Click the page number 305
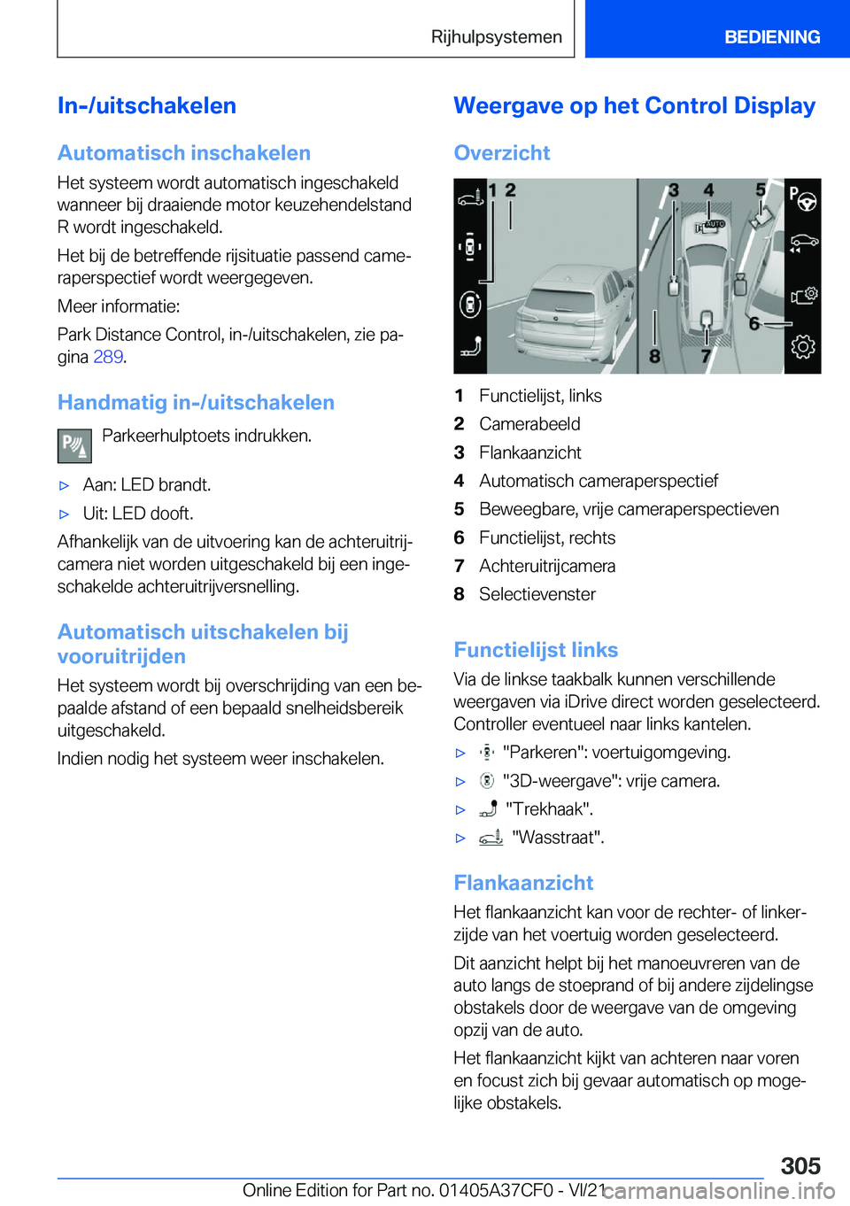pos(800,1165)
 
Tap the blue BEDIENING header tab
pos(771,37)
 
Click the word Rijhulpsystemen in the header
pos(496,37)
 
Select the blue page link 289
pos(107,357)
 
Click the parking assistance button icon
pos(74,445)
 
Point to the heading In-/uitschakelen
pos(147,106)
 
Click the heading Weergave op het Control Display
pos(634,106)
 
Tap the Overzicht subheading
pos(502,153)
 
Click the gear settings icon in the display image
pos(803,346)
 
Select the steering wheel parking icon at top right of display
pos(803,199)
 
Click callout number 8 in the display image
pos(654,356)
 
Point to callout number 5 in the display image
pos(760,190)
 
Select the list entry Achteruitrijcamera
pos(546,566)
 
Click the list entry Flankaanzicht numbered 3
pos(529,452)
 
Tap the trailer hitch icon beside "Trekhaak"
pos(488,808)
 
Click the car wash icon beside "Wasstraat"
pos(491,837)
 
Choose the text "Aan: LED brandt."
pos(146,485)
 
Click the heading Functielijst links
pos(536,650)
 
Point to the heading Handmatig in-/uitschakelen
pos(196,403)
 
